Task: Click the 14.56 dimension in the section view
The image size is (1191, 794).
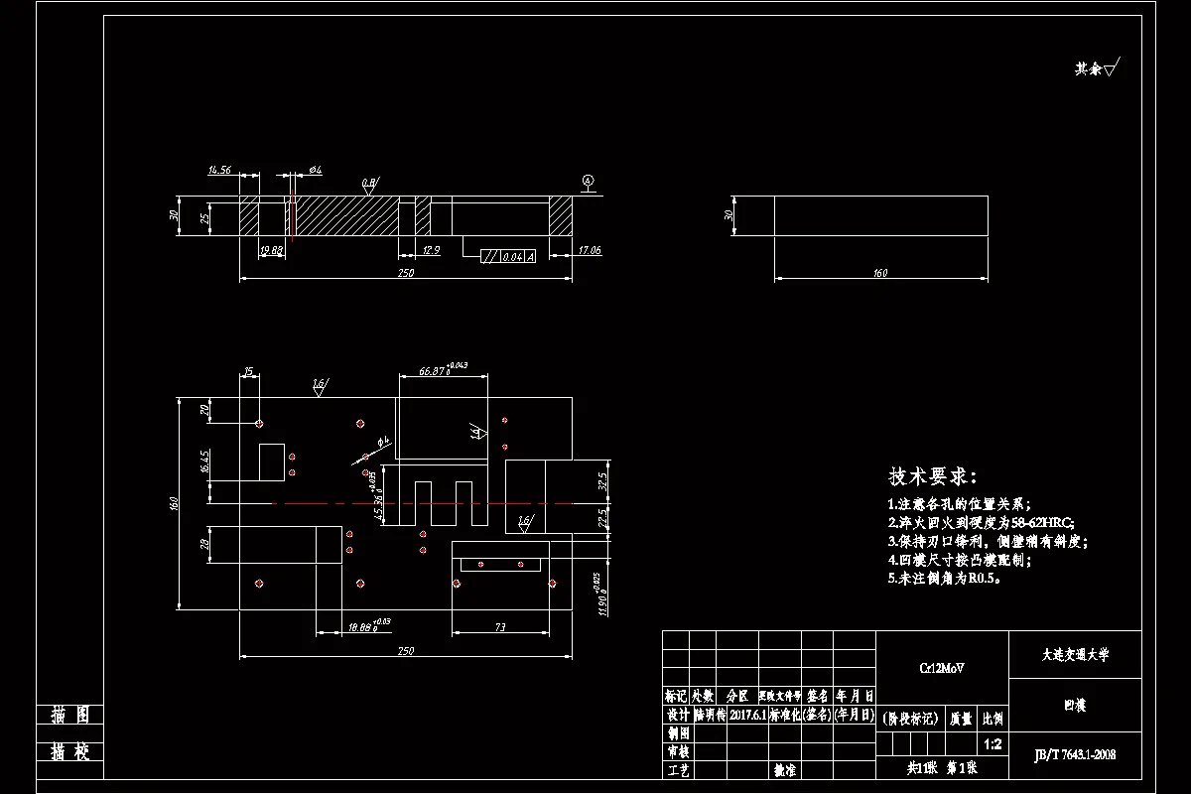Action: [219, 171]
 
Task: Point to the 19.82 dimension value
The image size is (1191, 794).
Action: [270, 251]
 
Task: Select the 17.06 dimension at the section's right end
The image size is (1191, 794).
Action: [589, 251]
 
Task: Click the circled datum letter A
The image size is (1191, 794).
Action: [588, 181]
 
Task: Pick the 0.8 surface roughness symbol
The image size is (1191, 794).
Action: [369, 184]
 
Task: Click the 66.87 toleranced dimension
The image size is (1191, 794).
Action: [433, 370]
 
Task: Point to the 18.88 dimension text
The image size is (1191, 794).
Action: [362, 626]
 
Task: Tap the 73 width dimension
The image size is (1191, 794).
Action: [500, 626]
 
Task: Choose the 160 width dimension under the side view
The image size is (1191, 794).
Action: [879, 273]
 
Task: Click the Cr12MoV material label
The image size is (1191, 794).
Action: [942, 668]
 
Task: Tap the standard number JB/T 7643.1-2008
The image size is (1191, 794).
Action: [1075, 754]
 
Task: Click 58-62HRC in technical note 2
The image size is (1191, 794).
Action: [1041, 522]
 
